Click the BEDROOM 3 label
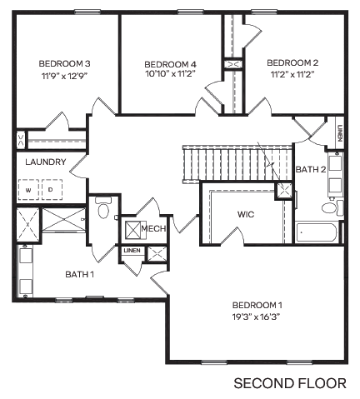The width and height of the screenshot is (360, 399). point(64,62)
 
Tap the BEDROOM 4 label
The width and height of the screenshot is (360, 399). point(170,64)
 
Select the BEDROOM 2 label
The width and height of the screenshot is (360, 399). point(292,62)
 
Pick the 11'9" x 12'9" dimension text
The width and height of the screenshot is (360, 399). point(64,75)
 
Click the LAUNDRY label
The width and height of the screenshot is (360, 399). point(45,162)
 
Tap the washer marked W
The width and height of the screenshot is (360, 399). point(27,190)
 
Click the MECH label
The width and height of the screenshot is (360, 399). point(152,228)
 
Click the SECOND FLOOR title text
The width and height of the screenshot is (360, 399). point(289,384)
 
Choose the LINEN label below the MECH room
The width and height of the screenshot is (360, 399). point(132,251)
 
